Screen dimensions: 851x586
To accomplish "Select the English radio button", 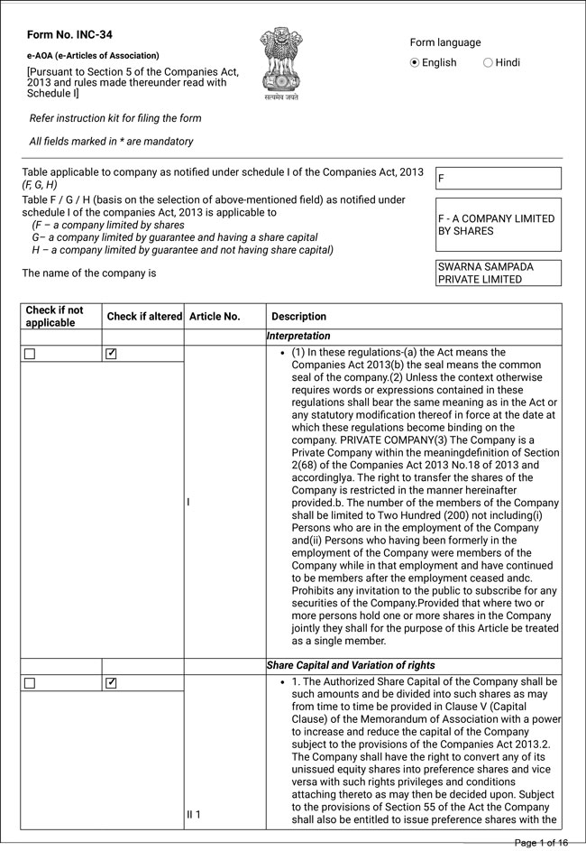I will tap(415, 62).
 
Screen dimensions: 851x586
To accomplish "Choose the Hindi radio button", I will tap(488, 62).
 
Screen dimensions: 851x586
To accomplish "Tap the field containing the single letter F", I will tap(498, 179).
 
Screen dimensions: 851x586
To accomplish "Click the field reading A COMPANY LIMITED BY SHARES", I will tap(498, 225).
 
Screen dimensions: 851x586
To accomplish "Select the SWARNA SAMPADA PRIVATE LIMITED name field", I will tap(498, 273).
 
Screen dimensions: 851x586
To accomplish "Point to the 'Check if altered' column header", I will tap(144, 317).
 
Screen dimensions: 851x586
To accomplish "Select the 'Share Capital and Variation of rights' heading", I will tap(351, 665).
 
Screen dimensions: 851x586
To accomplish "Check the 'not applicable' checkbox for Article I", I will tap(29, 354).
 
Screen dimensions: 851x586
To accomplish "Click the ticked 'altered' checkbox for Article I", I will tap(111, 354).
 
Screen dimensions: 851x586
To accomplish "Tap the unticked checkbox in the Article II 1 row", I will tap(29, 683).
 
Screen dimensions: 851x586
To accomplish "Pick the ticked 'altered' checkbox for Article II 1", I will tap(111, 683).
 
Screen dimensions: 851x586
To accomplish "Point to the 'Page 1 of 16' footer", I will tap(541, 843).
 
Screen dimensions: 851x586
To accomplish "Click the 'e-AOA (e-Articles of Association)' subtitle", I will tap(93, 56).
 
